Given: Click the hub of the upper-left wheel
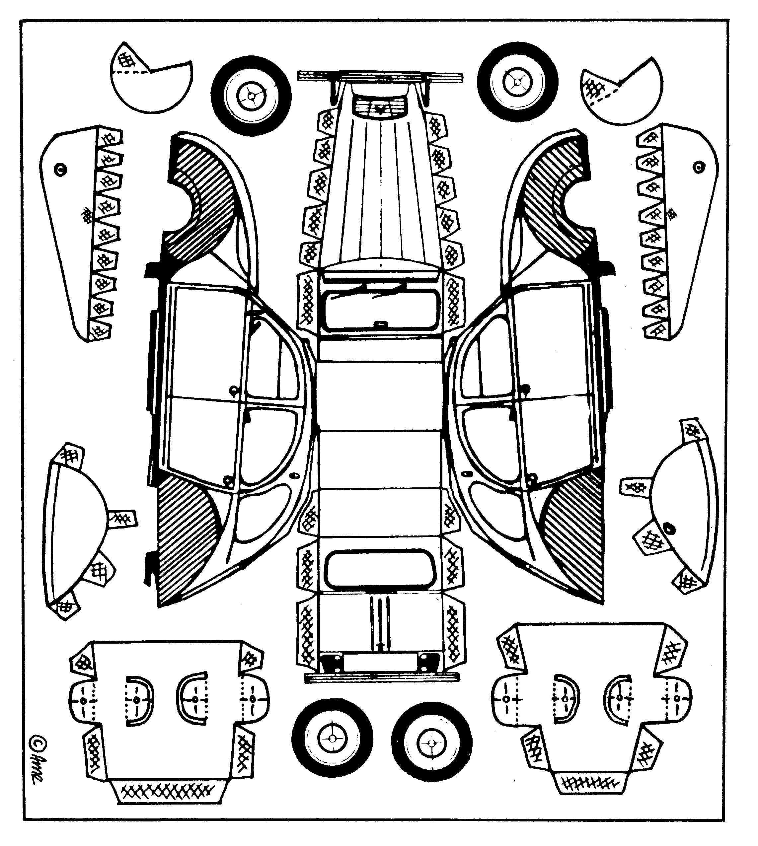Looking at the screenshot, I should click(251, 96).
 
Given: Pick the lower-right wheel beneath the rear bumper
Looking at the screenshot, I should click(431, 743).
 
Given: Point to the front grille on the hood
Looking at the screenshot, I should click(380, 106).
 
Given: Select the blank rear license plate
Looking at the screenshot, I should click(380, 662).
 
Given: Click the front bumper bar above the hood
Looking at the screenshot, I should click(380, 76).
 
